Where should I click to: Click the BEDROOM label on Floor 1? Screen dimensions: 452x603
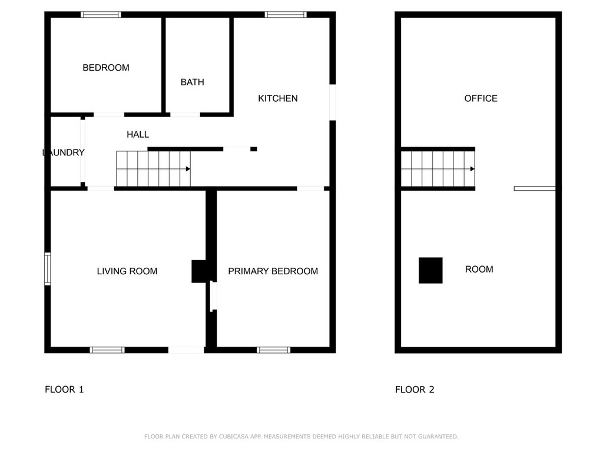(106, 68)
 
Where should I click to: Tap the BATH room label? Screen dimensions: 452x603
(193, 82)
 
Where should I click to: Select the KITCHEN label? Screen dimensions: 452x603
(278, 98)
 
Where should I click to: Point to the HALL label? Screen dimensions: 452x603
(138, 135)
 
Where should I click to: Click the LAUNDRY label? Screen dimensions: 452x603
(64, 152)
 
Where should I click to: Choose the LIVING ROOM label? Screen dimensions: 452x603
(127, 271)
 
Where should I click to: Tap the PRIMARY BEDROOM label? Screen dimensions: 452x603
(273, 271)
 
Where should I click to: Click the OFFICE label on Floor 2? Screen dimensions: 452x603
(481, 98)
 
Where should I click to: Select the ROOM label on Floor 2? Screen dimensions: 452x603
(479, 269)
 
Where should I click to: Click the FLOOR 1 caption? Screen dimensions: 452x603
(64, 389)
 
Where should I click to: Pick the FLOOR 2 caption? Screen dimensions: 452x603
(415, 389)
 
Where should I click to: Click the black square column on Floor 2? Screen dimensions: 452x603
(430, 271)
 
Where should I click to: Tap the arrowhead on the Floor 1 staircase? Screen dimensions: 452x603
(188, 169)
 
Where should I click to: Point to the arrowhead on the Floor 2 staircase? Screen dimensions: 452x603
(472, 169)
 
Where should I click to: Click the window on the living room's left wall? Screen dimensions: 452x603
(48, 269)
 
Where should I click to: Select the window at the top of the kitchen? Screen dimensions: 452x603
(286, 15)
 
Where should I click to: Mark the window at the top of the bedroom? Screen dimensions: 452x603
(101, 15)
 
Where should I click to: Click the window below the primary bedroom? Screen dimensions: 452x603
(274, 350)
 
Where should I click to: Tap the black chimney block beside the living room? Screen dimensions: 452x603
(198, 271)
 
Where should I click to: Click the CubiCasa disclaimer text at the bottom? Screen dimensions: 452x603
(301, 437)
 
